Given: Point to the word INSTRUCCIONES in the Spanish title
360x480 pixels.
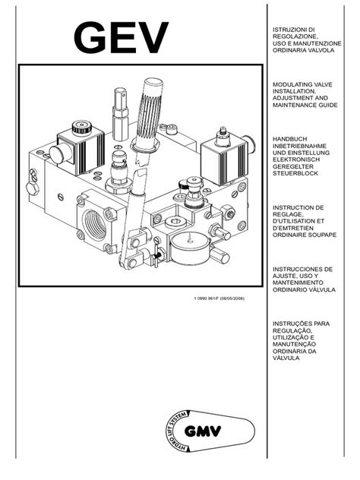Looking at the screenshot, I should coord(302,269).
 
